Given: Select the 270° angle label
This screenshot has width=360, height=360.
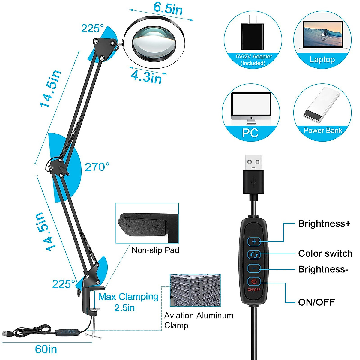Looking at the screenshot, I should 97,167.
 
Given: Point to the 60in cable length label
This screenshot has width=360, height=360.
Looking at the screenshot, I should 46,349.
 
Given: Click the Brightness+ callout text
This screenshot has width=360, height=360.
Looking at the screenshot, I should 324,224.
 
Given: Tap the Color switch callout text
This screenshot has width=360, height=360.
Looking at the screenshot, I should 325,253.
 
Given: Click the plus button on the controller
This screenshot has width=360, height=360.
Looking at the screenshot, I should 254,241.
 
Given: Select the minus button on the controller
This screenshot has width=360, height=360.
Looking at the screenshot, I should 254,268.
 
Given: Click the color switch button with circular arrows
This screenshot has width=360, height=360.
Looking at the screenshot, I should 254,255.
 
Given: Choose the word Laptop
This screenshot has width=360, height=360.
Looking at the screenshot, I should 322,59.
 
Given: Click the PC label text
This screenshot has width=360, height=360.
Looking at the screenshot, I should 250,133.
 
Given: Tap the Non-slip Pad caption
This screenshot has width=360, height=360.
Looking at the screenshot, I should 155,250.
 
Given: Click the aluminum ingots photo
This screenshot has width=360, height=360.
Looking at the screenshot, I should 195,290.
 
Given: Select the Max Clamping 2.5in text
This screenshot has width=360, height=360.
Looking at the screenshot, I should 128,302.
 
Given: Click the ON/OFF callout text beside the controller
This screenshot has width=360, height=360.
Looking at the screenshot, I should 316,302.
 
